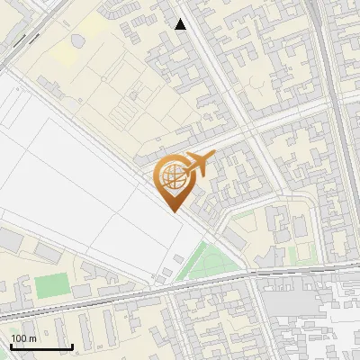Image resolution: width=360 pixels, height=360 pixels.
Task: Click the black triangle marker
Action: tap(181, 24)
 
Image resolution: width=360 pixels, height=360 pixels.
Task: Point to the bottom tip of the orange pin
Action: tap(175, 211)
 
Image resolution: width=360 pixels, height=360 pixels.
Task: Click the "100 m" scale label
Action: tap(23, 338)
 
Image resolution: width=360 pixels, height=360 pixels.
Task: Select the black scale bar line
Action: tap(41, 347)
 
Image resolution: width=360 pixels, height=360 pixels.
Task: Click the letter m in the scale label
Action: tap(32, 338)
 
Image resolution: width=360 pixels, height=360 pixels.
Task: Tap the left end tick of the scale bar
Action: tap(11, 345)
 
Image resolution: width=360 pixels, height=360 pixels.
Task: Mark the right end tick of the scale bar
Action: tap(72, 345)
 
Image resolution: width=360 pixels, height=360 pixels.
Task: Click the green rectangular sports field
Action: tap(52, 287)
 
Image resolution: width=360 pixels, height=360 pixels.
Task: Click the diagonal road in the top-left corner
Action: tap(22, 40)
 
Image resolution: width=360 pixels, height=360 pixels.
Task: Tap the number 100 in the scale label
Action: tap(18, 338)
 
